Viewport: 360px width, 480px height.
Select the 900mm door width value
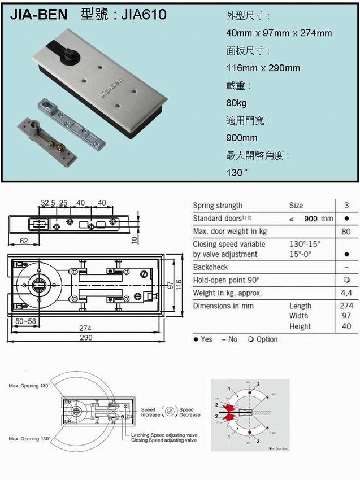click(x=241, y=138)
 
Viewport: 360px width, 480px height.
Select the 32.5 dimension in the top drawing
click(x=48, y=203)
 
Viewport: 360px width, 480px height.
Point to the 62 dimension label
click(x=23, y=241)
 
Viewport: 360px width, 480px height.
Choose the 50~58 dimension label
click(x=26, y=321)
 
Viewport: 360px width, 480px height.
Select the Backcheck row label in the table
click(x=210, y=267)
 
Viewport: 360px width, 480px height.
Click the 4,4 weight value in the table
click(x=346, y=293)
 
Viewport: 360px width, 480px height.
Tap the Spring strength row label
click(x=218, y=206)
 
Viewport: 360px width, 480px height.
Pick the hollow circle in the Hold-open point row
click(x=346, y=280)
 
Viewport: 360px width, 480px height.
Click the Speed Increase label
click(x=151, y=412)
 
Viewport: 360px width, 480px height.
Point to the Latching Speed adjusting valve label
click(x=164, y=435)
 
